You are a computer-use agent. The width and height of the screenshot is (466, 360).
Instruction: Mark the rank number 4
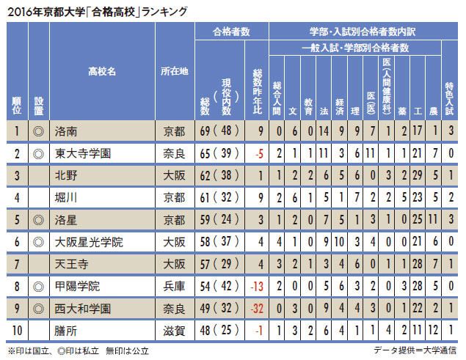[x=16, y=197]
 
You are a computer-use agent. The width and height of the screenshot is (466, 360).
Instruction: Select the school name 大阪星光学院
[x=87, y=240]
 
